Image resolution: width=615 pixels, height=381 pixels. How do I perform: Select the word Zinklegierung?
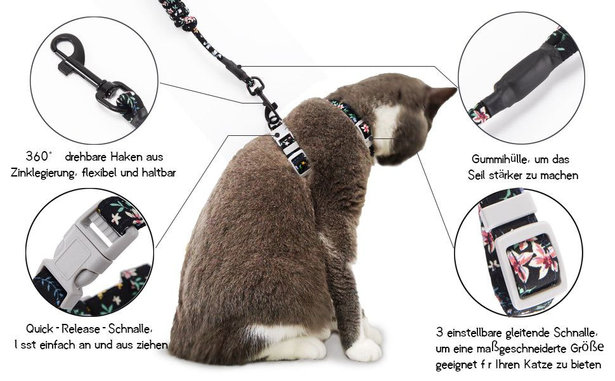tap(42, 173)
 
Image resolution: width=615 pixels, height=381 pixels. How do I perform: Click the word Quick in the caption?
tap(40, 329)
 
